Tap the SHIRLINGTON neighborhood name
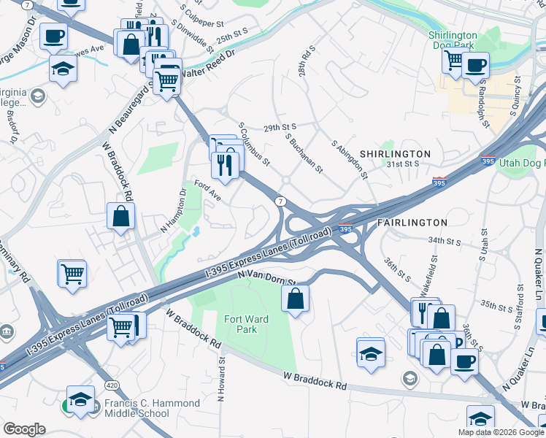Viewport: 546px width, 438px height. click(x=394, y=154)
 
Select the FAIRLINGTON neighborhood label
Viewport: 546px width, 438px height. click(x=412, y=222)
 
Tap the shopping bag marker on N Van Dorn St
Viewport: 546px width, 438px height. click(x=295, y=299)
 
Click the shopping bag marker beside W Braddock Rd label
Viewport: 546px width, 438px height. click(x=120, y=217)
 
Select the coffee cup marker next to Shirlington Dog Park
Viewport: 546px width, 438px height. click(x=475, y=65)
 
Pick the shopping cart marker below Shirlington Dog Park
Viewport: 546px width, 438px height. click(x=454, y=61)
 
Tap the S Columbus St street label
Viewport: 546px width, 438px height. click(x=255, y=143)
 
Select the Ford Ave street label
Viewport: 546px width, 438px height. click(x=207, y=191)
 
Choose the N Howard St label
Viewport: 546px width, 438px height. click(x=220, y=379)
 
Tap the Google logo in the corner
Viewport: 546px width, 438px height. click(x=24, y=429)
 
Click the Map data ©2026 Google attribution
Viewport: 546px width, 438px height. click(x=501, y=432)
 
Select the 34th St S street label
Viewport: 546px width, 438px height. click(x=446, y=240)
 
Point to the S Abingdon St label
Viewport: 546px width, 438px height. click(x=350, y=160)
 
